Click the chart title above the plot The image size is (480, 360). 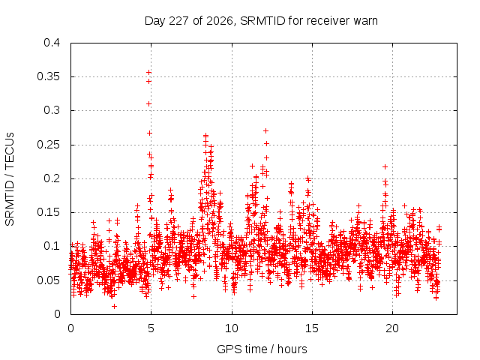[x=261, y=21]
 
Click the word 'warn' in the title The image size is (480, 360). [x=365, y=21]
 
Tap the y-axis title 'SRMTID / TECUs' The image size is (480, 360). [x=10, y=179]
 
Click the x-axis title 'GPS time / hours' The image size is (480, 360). [x=262, y=349]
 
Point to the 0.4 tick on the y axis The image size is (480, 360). [x=52, y=43]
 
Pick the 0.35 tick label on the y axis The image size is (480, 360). [x=48, y=76]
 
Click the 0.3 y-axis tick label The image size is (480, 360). [x=52, y=110]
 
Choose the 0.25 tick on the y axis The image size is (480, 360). [x=48, y=145]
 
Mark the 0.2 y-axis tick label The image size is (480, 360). [x=52, y=178]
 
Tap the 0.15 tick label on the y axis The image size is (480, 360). [x=48, y=212]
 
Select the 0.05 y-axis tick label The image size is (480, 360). [x=48, y=280]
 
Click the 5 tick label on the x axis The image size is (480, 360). [x=151, y=328]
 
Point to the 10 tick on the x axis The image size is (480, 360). [x=232, y=328]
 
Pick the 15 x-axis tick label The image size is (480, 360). [x=312, y=328]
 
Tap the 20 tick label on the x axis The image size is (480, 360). [x=392, y=328]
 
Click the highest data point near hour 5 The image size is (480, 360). [x=148, y=72]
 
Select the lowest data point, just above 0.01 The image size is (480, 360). [x=114, y=306]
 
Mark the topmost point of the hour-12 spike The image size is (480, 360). [x=265, y=130]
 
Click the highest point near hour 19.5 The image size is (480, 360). [x=385, y=166]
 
